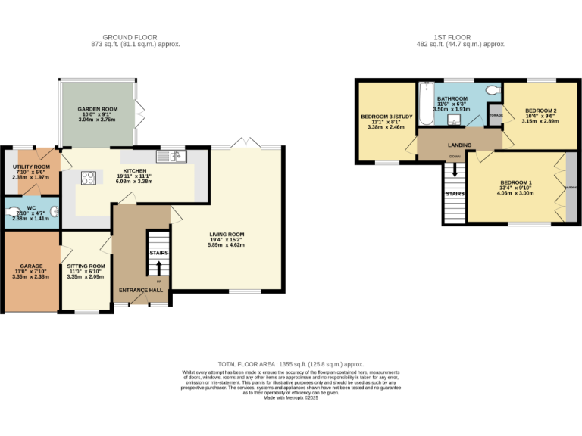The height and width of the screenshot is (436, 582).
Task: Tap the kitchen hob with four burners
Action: [x=89, y=179]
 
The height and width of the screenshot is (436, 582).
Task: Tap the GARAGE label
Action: [x=31, y=266]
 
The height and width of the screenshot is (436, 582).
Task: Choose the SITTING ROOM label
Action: [x=86, y=266]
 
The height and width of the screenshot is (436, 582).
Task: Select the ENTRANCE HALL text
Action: [x=141, y=290]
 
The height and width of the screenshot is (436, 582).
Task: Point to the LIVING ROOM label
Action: [x=227, y=235]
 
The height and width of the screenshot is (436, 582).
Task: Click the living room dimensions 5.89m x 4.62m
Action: [x=227, y=245]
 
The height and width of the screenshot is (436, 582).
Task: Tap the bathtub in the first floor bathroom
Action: [x=424, y=106]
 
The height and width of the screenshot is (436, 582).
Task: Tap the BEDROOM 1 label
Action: [x=515, y=182]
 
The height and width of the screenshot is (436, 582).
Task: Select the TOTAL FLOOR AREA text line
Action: [x=291, y=364]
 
